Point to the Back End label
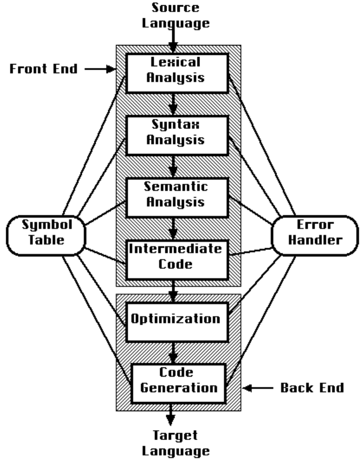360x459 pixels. (x=312, y=388)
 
